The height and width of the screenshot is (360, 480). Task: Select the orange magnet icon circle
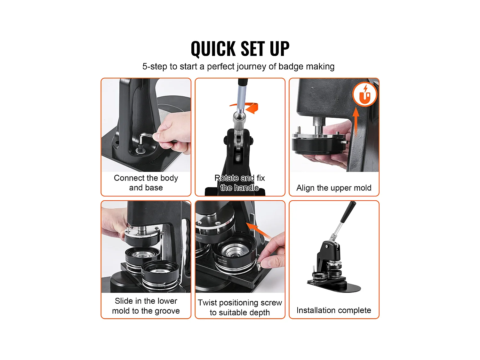point(365,94)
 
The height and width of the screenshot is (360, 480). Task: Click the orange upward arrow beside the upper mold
point(356,121)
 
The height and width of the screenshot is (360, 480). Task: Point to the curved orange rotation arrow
point(247,108)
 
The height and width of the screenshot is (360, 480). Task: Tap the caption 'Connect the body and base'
point(146,183)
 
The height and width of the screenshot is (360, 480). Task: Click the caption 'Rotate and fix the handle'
point(240,183)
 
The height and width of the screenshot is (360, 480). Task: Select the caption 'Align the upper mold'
point(334,188)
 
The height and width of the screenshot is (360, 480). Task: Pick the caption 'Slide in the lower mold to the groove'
point(146,306)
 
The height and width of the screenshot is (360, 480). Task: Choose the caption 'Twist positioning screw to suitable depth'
point(240,307)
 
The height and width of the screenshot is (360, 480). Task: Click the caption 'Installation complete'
point(334,310)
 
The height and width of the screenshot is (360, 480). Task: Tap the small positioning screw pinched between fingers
point(259,266)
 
